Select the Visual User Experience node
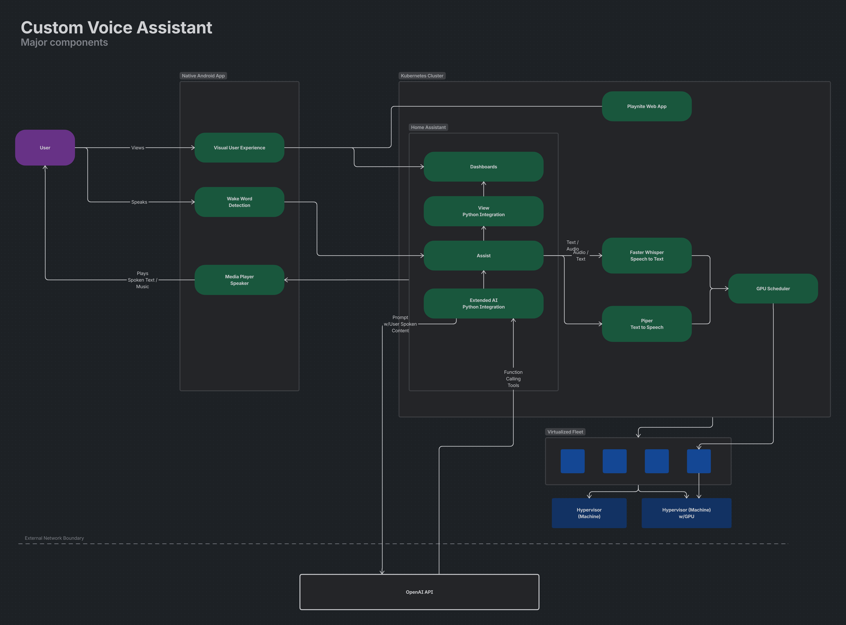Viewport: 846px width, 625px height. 239,148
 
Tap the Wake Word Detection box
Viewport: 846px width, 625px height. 239,202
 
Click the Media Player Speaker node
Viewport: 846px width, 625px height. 239,280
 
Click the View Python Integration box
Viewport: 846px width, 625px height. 483,211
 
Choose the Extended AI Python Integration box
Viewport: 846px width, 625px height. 483,303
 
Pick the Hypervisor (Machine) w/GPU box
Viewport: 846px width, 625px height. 686,513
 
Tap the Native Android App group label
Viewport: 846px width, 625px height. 203,76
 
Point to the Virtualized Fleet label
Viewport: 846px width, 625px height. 565,432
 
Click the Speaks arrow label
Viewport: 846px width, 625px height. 139,202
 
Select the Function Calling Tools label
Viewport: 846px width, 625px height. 513,379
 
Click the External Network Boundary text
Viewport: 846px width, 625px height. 54,538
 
